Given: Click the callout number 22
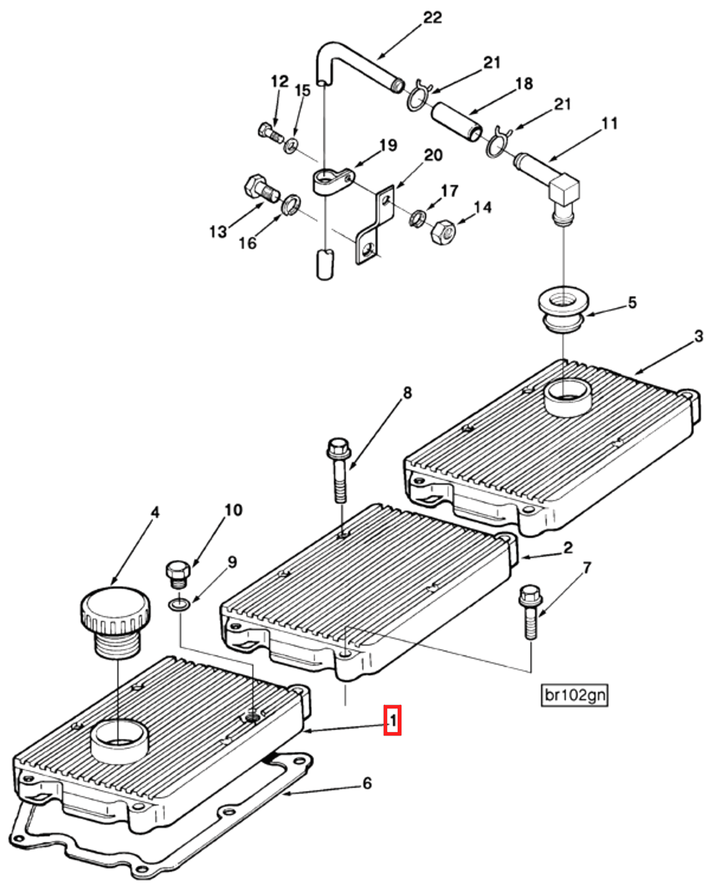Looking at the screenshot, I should (x=432, y=18).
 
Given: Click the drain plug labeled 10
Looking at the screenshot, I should (x=178, y=573).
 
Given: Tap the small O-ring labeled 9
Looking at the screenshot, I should (x=179, y=605).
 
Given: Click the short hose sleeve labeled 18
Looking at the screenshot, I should (x=456, y=121).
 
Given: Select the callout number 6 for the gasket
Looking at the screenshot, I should (x=367, y=783).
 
